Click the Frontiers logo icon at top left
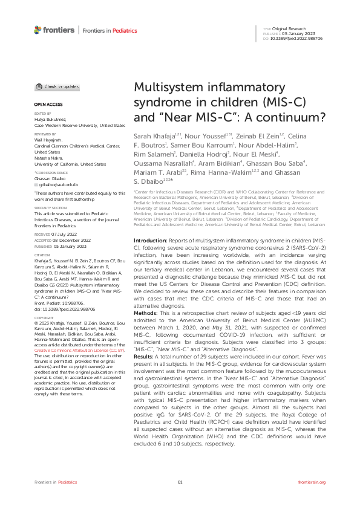point(38,30)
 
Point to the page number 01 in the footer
point(180,482)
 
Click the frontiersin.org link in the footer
point(312,482)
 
